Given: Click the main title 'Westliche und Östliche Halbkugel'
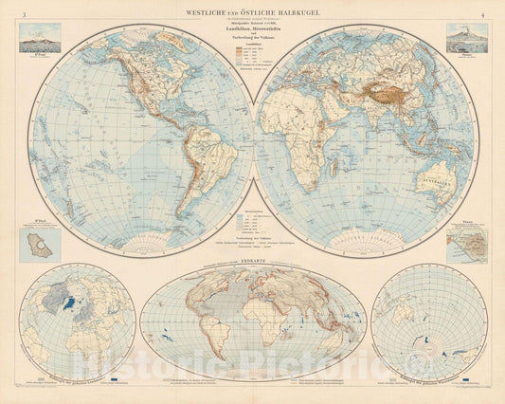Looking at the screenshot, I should point(252,11).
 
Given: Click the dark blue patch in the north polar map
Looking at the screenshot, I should point(67,305).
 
